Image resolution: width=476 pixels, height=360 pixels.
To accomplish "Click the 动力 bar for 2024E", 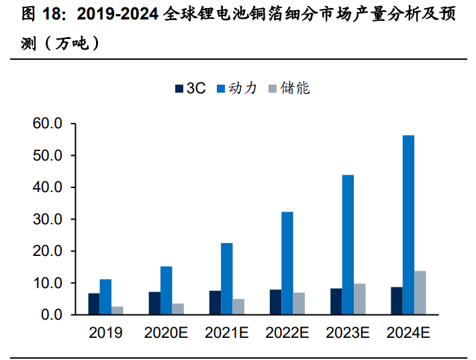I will click(408, 225).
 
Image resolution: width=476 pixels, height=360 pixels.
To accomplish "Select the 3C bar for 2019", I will click(94, 304).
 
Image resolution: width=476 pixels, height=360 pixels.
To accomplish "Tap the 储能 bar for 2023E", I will click(360, 299).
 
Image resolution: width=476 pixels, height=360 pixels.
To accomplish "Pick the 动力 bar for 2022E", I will click(287, 263).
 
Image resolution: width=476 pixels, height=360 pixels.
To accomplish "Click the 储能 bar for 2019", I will click(117, 310).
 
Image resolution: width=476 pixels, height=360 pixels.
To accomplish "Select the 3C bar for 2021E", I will click(215, 302).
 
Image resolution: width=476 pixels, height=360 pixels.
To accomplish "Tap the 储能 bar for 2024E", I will click(420, 293).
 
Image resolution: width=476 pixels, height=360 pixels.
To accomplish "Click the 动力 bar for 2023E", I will click(348, 244).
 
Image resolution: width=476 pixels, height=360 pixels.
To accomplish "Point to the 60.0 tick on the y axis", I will click(47, 124).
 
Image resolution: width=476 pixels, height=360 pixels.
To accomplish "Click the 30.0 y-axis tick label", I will click(47, 219).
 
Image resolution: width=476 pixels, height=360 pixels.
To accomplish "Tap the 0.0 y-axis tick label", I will click(51, 314).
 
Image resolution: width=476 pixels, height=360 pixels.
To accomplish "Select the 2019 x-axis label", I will click(106, 332).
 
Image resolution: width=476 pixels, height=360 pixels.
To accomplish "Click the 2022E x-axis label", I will click(287, 332).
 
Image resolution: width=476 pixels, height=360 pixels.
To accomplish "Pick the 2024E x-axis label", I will click(408, 332).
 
